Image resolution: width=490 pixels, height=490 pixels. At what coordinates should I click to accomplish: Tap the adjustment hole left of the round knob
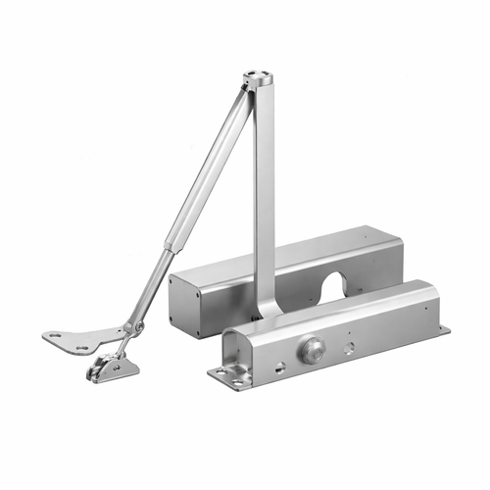(281, 367)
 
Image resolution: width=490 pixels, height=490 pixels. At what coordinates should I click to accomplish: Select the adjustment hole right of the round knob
(349, 346)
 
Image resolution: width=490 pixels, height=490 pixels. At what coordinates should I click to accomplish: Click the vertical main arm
(263, 196)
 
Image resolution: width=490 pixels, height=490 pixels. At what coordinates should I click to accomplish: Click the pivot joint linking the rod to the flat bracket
(138, 326)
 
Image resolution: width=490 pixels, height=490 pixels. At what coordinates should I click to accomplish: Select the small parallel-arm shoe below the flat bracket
(110, 367)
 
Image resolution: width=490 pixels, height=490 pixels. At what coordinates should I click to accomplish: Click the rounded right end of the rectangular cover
(397, 257)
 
